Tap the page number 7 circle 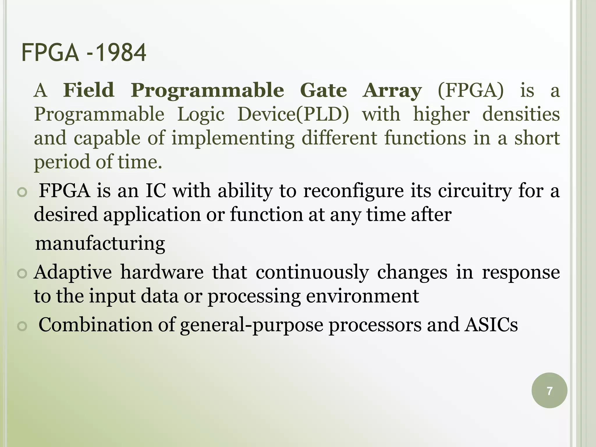(x=549, y=391)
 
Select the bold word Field (x=89, y=90)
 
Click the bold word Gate (x=323, y=90)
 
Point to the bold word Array (x=392, y=91)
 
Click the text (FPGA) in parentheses (x=471, y=90)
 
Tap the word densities (x=521, y=114)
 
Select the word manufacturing (x=100, y=243)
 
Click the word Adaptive (x=73, y=272)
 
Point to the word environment (x=362, y=296)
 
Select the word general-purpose (x=251, y=325)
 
